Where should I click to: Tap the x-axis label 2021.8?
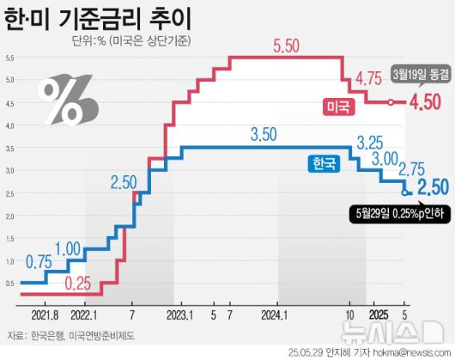42,315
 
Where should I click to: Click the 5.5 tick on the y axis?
9,58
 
